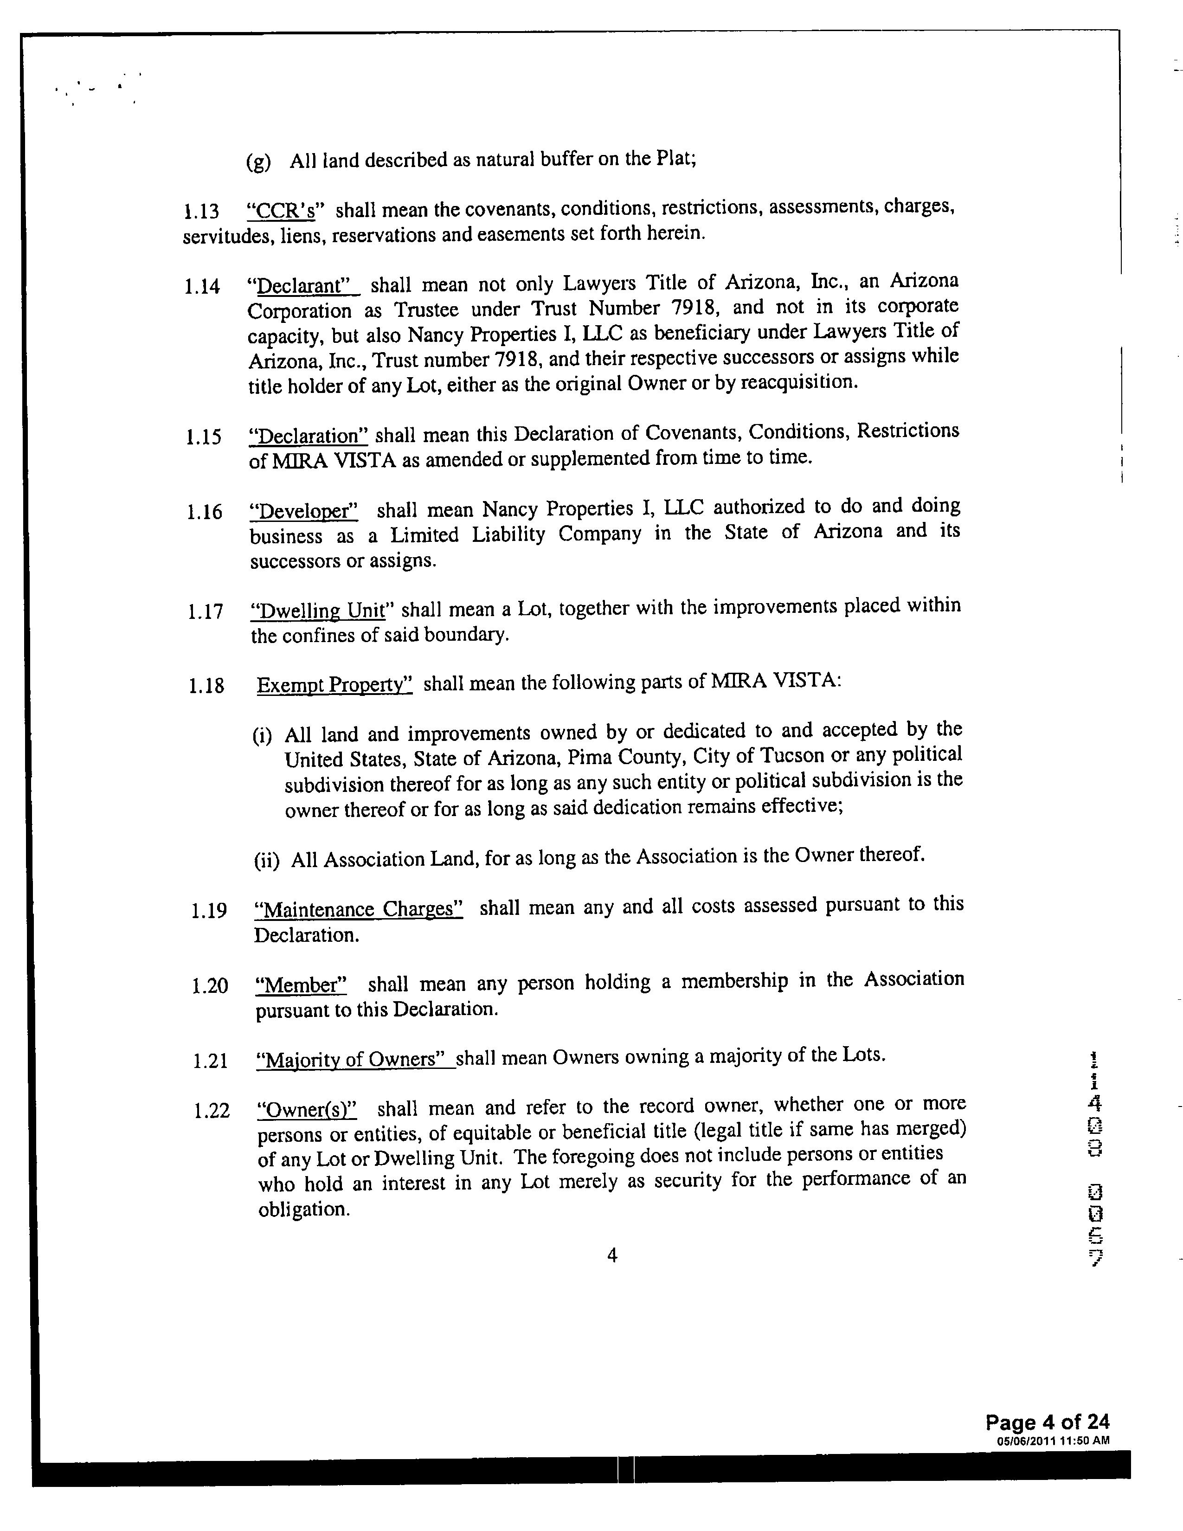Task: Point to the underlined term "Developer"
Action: (304, 510)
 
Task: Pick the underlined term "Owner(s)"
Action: (308, 1110)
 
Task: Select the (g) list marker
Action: (258, 162)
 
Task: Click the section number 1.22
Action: (212, 1111)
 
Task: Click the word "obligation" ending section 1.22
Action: (303, 1209)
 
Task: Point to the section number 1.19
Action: (209, 911)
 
